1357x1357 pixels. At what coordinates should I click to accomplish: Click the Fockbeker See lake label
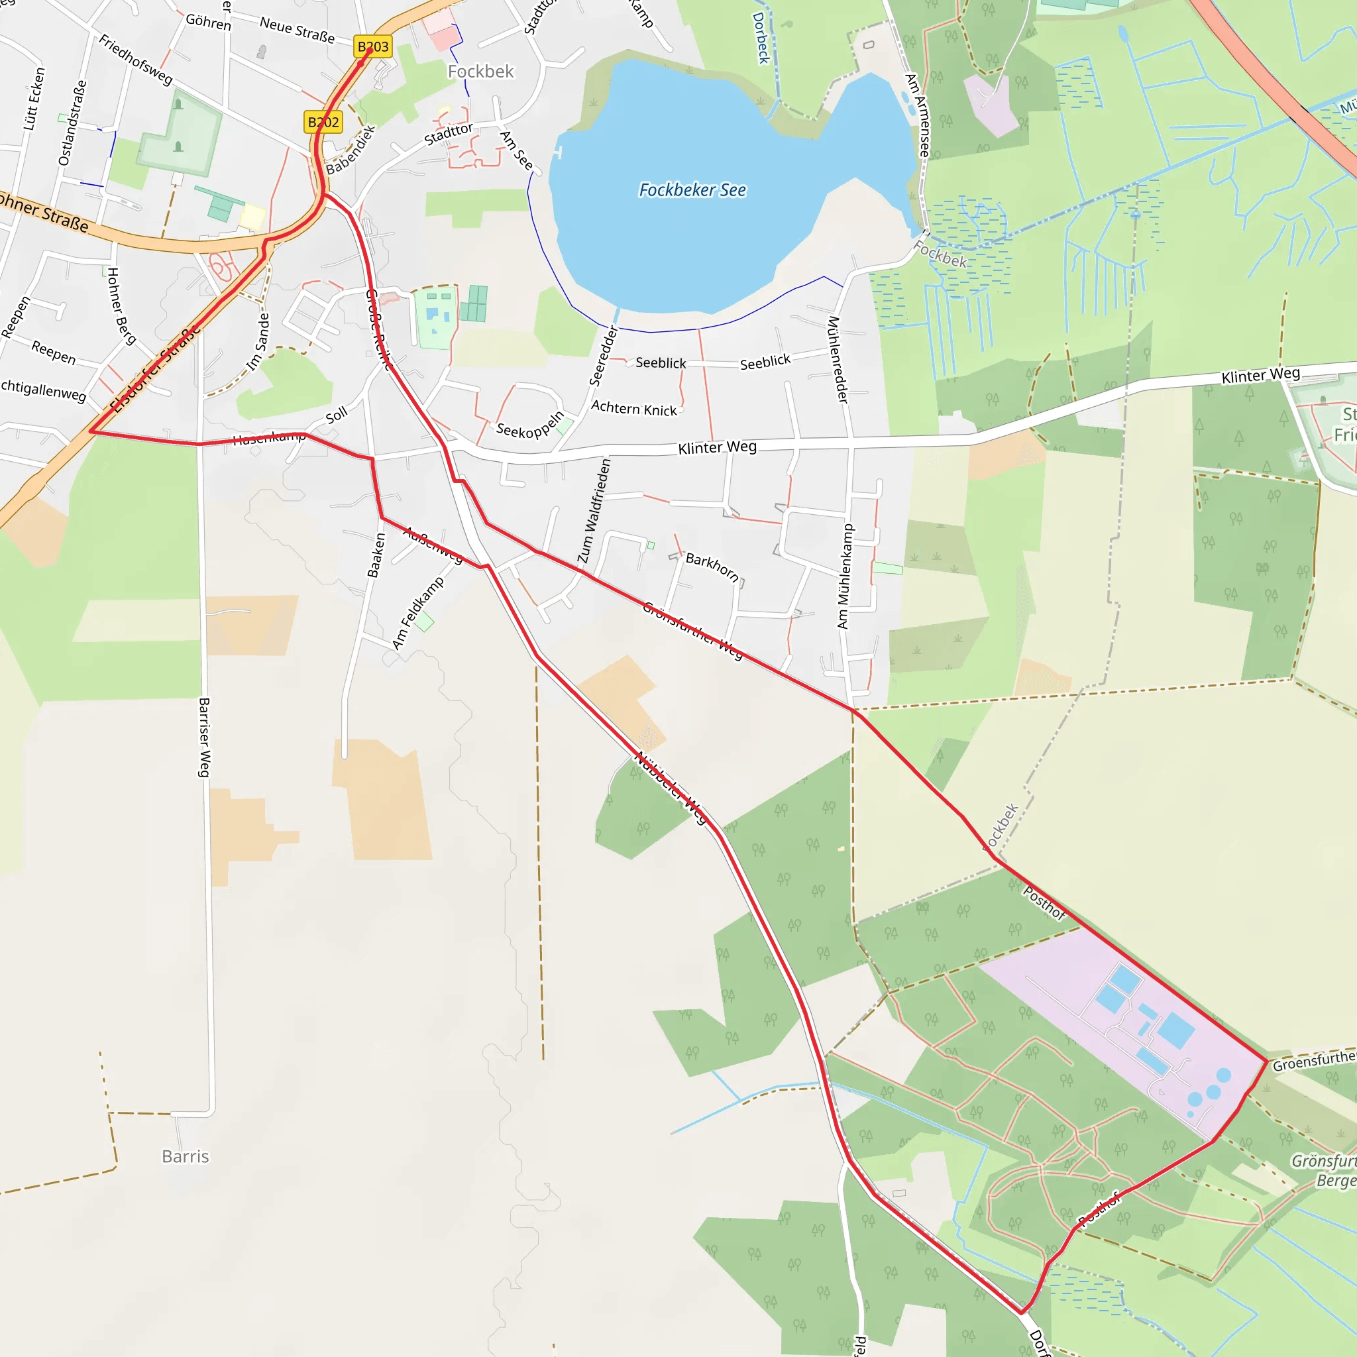(x=692, y=190)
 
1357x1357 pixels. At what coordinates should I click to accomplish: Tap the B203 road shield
(x=372, y=47)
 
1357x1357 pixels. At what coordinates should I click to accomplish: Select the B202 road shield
(x=323, y=122)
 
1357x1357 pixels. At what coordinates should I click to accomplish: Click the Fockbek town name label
(x=480, y=72)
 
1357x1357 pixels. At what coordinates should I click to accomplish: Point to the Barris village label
(x=186, y=1156)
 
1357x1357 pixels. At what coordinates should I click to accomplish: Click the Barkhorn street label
(x=712, y=567)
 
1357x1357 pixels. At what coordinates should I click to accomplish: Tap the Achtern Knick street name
(x=633, y=408)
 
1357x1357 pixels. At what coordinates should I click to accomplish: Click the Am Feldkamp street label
(x=418, y=612)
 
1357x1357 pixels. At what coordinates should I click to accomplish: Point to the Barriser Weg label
(x=203, y=737)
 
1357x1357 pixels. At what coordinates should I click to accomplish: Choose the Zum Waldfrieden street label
(x=594, y=511)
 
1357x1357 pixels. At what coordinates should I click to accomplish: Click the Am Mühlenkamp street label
(x=844, y=576)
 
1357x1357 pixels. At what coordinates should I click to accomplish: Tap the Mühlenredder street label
(x=838, y=360)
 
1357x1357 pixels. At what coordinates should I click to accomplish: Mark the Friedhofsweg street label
(x=136, y=60)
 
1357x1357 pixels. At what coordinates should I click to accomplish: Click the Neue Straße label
(x=297, y=30)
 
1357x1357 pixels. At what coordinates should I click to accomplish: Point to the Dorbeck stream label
(x=761, y=38)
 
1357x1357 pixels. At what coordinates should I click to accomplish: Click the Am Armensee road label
(x=917, y=115)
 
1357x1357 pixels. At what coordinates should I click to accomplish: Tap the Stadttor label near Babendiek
(x=448, y=134)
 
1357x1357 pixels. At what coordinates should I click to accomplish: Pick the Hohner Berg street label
(x=121, y=305)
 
